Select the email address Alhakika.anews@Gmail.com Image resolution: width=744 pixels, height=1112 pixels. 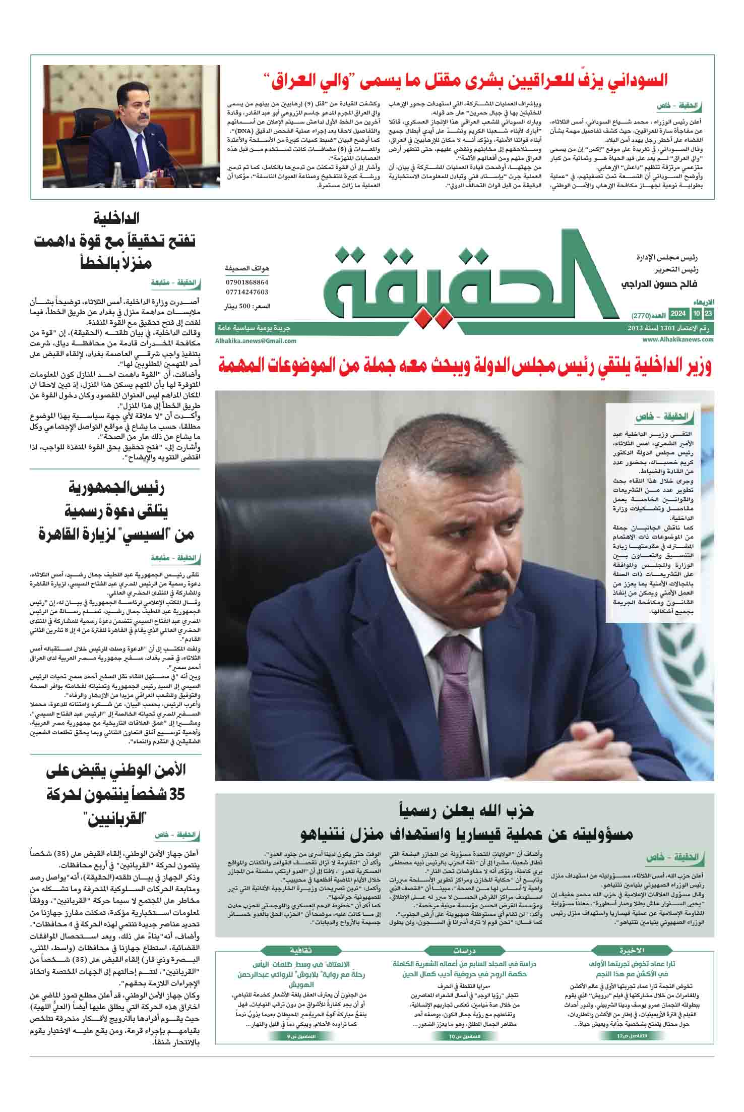click(256, 340)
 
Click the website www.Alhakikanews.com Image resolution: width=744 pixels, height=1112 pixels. click(678, 339)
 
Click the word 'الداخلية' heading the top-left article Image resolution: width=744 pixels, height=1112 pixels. click(117, 219)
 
